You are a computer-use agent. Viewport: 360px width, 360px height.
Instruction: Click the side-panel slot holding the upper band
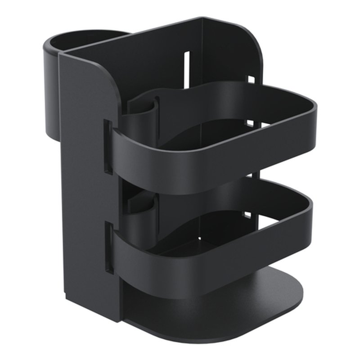pyautogui.click(x=108, y=146)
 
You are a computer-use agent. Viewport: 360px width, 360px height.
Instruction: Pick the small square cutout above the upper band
pyautogui.click(x=251, y=81)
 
